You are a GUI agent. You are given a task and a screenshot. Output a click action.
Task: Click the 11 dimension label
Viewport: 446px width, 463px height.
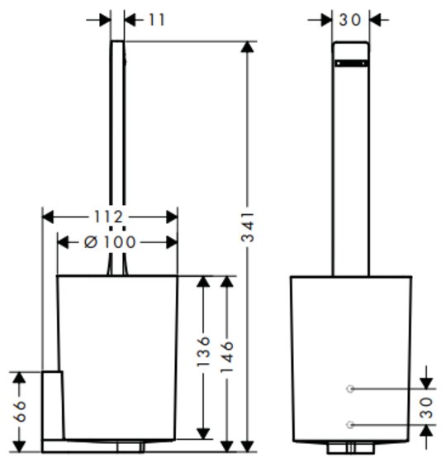pos(157,20)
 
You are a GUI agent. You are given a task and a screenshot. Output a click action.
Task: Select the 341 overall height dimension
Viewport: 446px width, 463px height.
pos(247,227)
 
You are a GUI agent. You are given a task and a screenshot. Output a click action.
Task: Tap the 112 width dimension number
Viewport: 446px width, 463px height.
pos(108,217)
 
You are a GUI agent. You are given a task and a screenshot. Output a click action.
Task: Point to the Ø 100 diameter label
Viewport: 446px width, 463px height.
pos(110,242)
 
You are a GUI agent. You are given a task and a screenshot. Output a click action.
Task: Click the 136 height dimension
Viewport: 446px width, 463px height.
pos(203,351)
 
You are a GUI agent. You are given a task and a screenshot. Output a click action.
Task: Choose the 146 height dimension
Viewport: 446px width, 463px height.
pos(227,356)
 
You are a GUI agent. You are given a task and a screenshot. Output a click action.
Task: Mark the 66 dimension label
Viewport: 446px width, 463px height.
pos(20,411)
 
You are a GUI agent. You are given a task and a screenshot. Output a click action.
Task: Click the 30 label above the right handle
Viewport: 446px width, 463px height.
pos(350,20)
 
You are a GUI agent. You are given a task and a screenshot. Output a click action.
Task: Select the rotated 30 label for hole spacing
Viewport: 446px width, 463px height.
pos(426,408)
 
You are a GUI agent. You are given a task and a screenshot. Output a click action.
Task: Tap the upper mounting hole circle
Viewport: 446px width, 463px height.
pos(350,389)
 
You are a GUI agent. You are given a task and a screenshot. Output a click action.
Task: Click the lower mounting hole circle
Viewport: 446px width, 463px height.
pos(350,425)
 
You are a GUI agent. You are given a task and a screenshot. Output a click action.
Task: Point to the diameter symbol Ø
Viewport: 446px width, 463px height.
pos(91,242)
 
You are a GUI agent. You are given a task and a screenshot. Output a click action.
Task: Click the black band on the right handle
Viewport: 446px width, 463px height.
pos(351,63)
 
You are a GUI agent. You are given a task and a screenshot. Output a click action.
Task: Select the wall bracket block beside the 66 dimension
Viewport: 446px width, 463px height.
pos(53,405)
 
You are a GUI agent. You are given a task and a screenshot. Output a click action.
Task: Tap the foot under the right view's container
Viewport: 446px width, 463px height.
pos(351,448)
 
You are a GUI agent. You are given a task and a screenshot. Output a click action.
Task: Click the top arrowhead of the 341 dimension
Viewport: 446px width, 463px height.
pos(247,47)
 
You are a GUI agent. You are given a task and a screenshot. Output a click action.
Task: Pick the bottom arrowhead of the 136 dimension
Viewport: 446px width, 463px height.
pos(203,433)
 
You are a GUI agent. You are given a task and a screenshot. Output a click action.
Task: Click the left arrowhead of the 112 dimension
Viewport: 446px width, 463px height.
pos(48,217)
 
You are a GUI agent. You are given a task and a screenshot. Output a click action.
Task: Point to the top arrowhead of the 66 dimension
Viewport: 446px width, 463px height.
pos(20,378)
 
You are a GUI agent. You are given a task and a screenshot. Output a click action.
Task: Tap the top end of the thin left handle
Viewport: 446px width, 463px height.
pos(117,41)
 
